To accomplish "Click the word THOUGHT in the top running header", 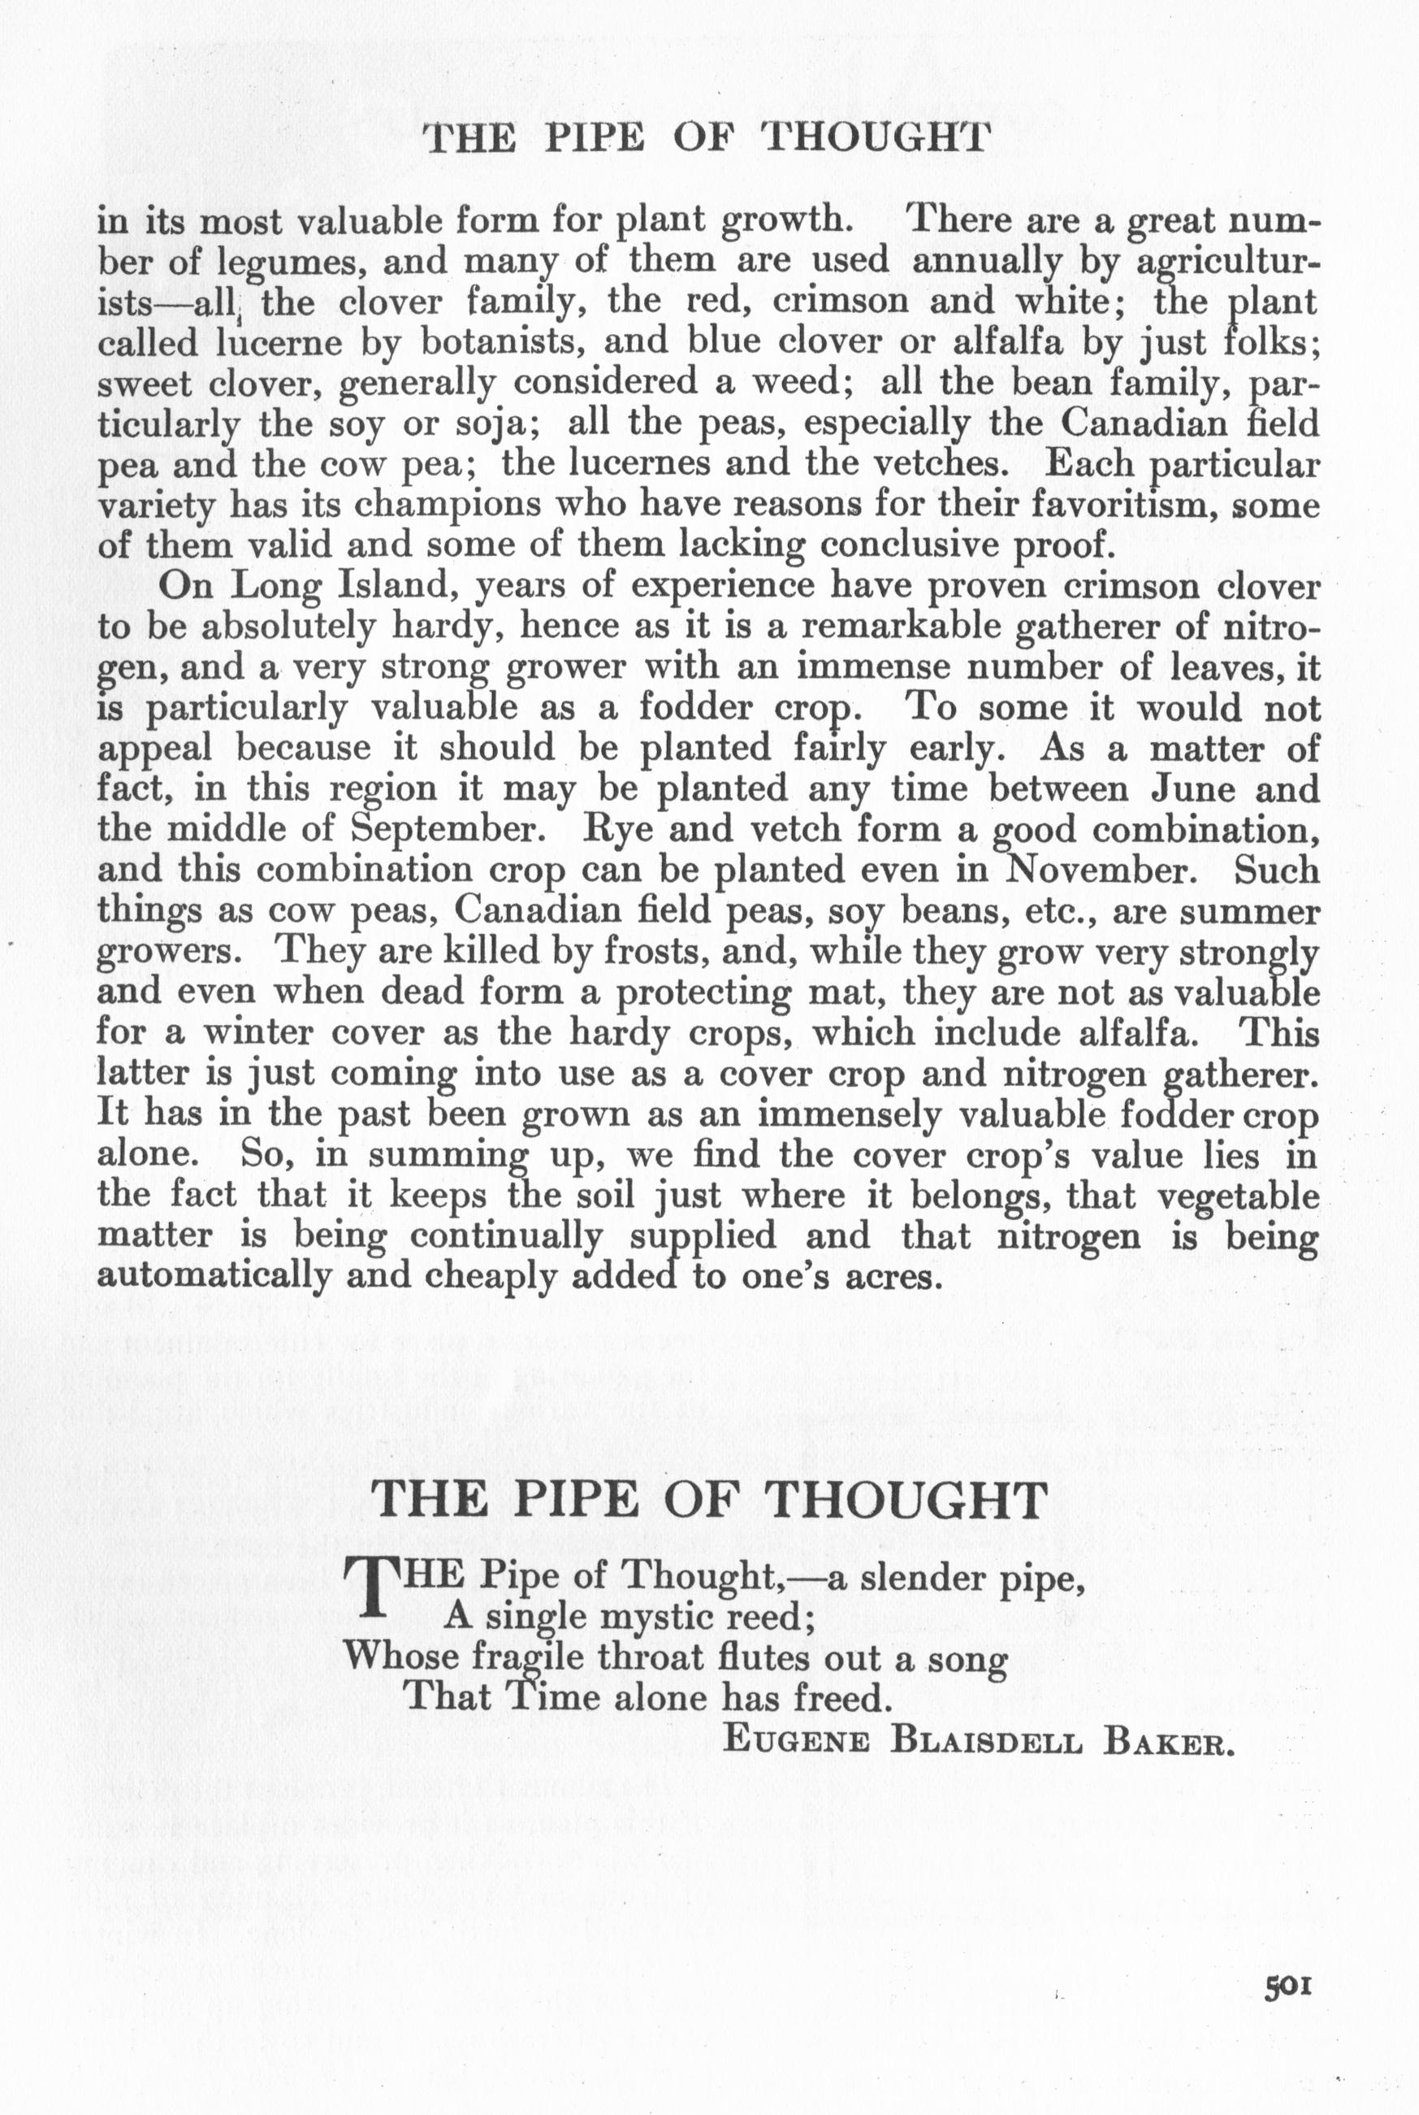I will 872,137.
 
